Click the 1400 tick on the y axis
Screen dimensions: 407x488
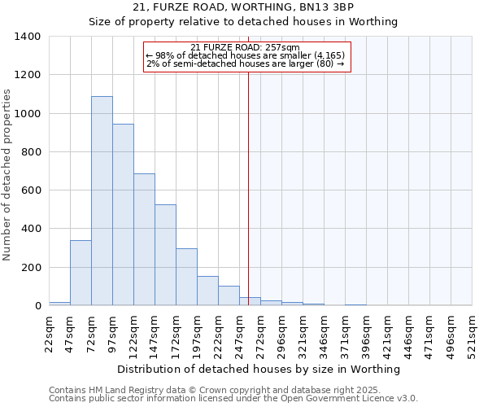pyautogui.click(x=28, y=37)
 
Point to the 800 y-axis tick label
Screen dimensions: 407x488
pyautogui.click(x=31, y=152)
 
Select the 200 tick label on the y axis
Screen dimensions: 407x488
pyautogui.click(x=31, y=268)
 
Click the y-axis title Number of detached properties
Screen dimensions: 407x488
pyautogui.click(x=8, y=171)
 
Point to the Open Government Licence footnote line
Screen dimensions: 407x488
pyautogui.click(x=233, y=399)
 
